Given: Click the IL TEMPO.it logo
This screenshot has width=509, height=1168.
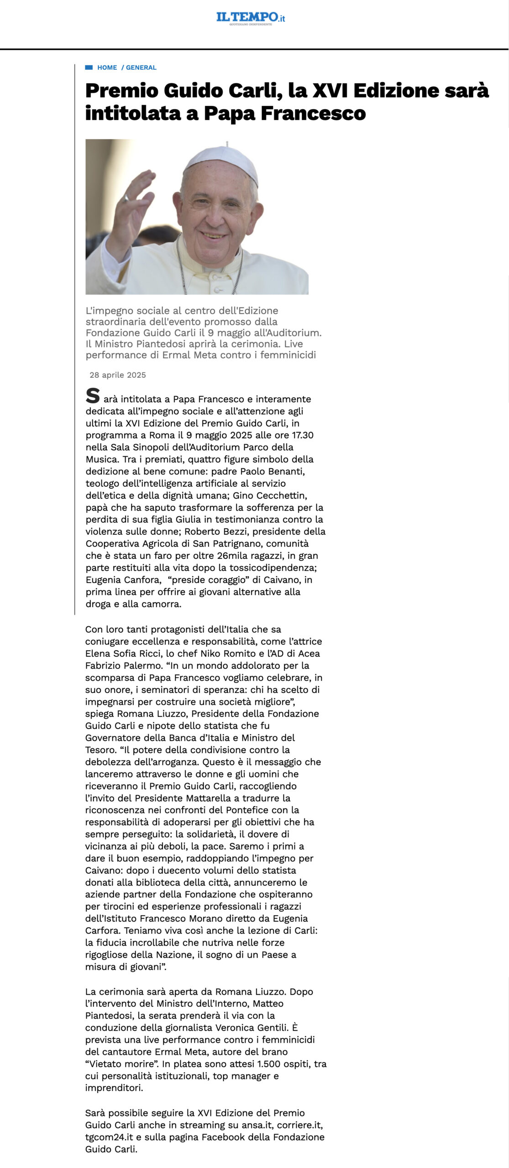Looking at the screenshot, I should pyautogui.click(x=251, y=18).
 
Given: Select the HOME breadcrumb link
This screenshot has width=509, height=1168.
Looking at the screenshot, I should pyautogui.click(x=107, y=68).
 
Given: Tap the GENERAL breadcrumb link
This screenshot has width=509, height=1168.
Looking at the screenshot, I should pyautogui.click(x=141, y=68).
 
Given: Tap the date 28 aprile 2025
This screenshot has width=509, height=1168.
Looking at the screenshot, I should pyautogui.click(x=118, y=375).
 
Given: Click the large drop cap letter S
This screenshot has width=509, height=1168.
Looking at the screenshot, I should pyautogui.click(x=93, y=396).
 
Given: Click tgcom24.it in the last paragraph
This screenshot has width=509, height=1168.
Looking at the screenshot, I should pyautogui.click(x=109, y=1137).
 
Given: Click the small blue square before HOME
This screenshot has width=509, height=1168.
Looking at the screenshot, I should pyautogui.click(x=89, y=68).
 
